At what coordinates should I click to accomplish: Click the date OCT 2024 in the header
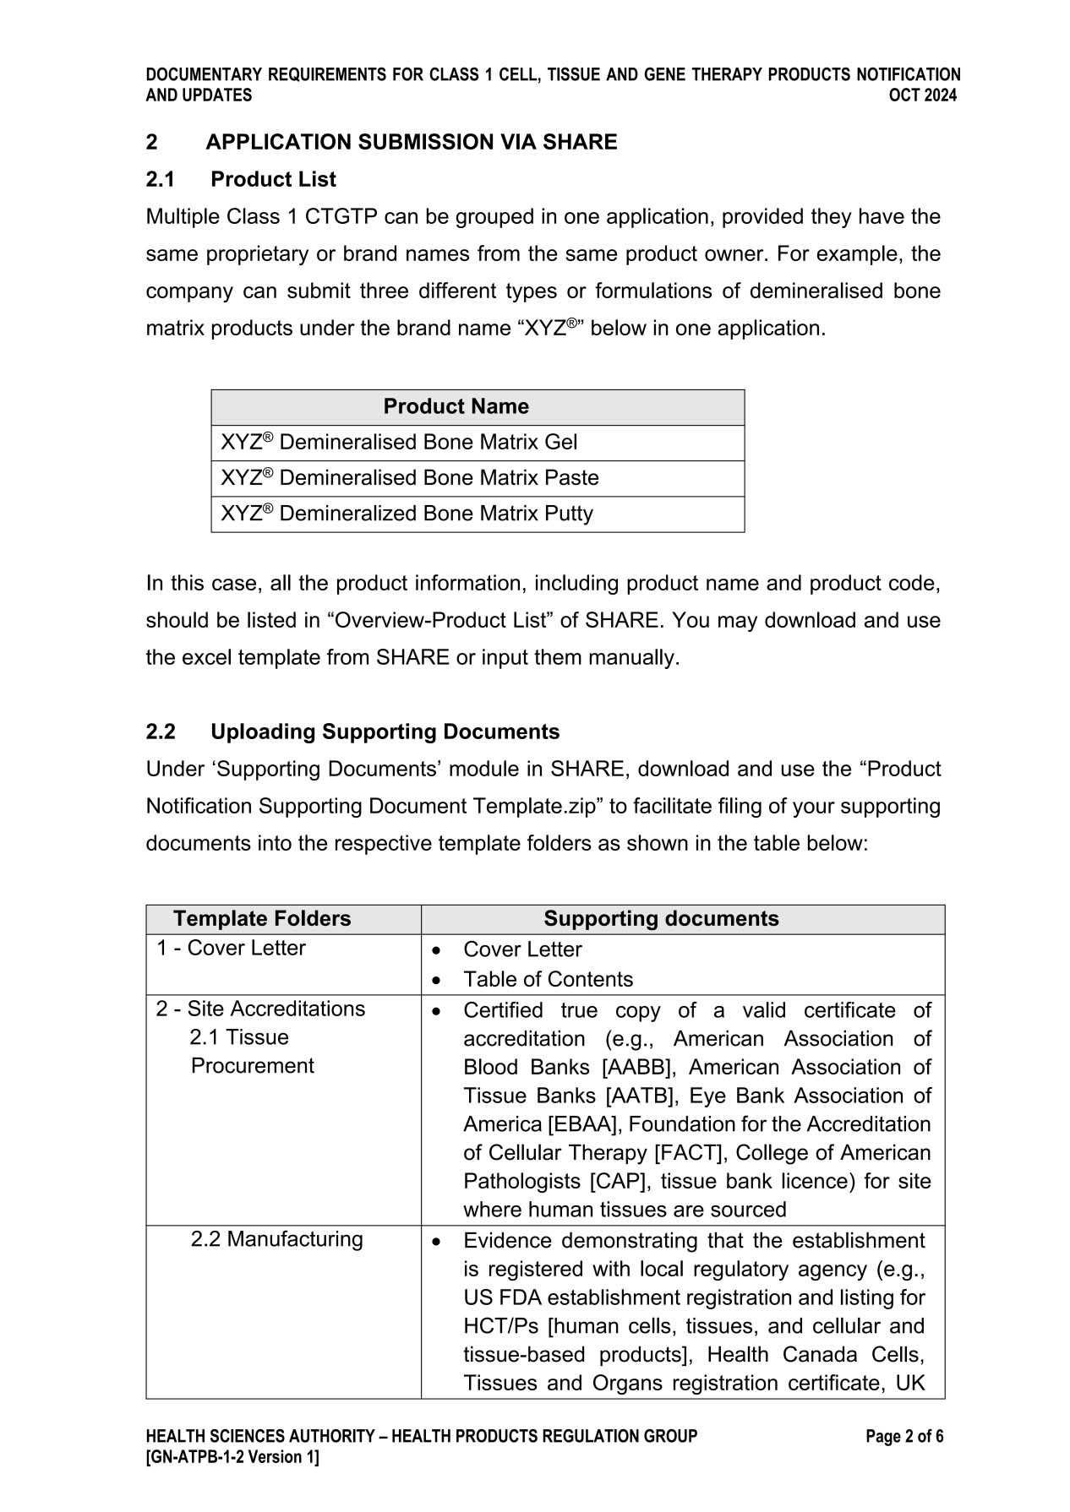click(922, 95)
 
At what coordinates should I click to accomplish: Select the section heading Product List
click(273, 179)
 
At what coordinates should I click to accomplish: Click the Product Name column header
click(456, 406)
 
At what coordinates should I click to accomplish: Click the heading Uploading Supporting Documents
click(385, 732)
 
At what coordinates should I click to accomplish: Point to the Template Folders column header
click(262, 918)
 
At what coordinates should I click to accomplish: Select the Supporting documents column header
click(661, 918)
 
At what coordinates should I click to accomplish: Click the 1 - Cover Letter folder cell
click(231, 948)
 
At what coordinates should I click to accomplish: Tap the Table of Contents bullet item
click(548, 979)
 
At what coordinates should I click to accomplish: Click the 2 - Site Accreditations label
click(260, 1009)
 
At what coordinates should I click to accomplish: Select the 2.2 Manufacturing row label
click(276, 1239)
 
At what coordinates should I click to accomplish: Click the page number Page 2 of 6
click(904, 1436)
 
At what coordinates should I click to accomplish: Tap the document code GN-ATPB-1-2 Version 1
click(232, 1456)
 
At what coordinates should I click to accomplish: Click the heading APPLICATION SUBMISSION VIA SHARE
click(412, 142)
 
